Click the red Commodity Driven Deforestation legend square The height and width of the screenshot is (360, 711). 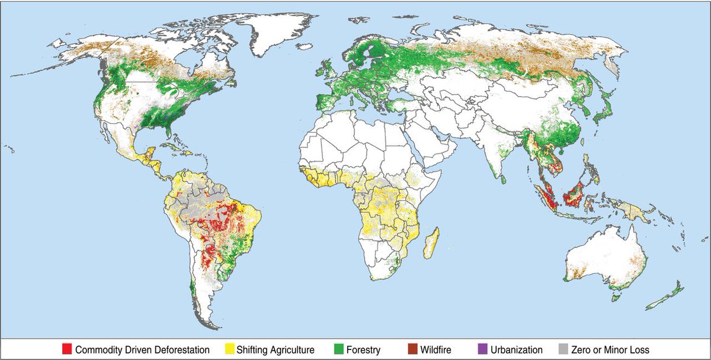coord(66,350)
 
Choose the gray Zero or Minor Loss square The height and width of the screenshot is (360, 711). coord(563,350)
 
